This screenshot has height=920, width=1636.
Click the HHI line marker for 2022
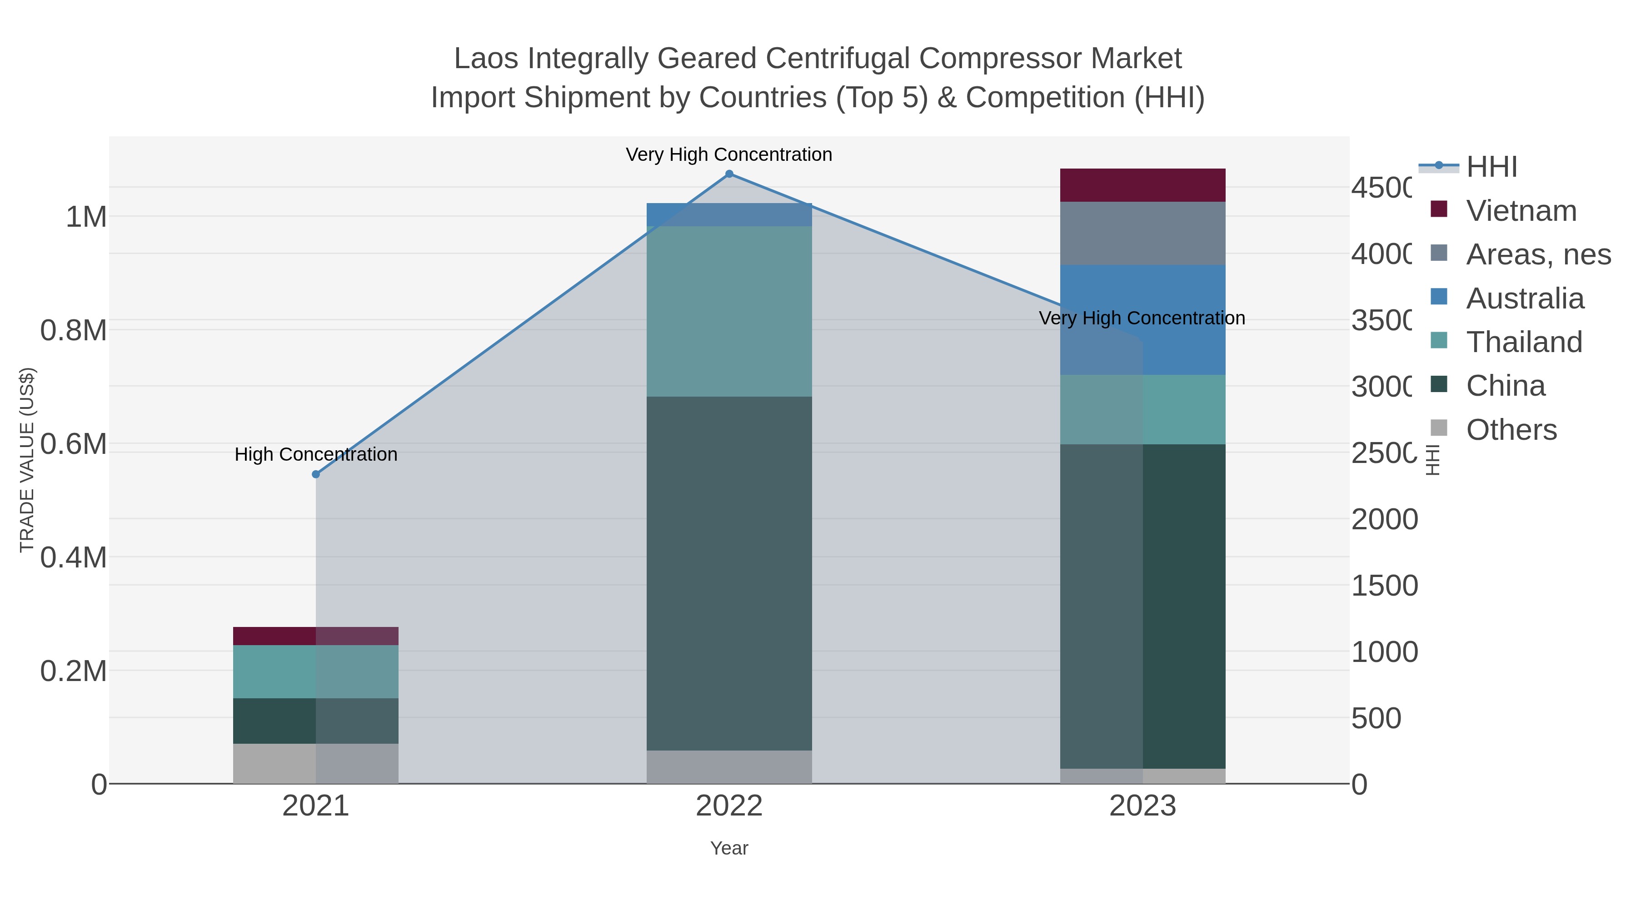tap(729, 174)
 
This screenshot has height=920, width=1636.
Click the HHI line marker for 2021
tap(316, 474)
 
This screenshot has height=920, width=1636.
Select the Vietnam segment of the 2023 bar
tap(1142, 185)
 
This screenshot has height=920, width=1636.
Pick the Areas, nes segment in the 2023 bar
tap(1142, 233)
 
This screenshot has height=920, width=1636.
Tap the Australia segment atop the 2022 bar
tap(729, 214)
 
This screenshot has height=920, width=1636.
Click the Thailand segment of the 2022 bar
tap(729, 311)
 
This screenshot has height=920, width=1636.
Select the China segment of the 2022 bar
tap(729, 573)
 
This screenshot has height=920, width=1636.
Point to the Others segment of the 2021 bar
tap(316, 763)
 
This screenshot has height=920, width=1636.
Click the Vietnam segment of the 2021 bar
tap(316, 636)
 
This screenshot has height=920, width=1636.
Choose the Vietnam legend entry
tap(1521, 211)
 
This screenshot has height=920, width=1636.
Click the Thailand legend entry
tap(1524, 342)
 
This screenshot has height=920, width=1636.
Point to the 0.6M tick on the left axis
tap(74, 444)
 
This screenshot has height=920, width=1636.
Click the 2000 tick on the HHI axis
tap(1384, 519)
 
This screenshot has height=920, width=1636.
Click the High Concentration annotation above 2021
tap(316, 455)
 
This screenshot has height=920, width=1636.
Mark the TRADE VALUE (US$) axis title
tap(27, 460)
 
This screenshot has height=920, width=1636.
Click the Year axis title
tap(729, 848)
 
